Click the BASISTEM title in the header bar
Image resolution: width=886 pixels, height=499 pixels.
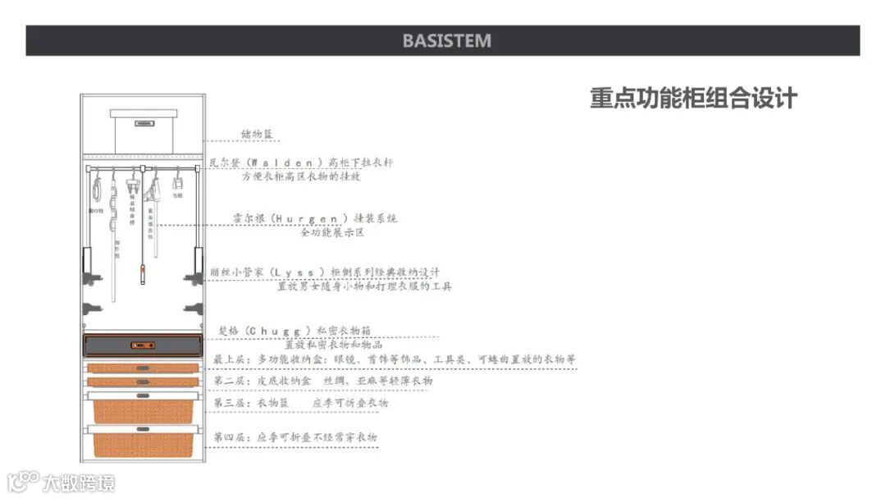447,40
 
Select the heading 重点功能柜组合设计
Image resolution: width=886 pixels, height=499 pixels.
693,98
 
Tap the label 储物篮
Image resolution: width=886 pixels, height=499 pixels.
257,133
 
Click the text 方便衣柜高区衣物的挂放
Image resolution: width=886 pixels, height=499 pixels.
300,176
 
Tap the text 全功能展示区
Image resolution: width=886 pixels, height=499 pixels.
331,232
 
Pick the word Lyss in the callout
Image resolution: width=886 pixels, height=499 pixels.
299,272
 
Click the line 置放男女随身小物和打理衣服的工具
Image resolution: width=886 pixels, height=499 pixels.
364,286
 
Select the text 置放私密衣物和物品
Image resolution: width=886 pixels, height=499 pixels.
328,345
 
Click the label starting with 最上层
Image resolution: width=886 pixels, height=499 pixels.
394,359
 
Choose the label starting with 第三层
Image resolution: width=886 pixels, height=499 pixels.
300,403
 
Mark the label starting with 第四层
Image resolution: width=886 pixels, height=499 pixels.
295,437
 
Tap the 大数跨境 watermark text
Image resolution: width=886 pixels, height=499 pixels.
79,482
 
